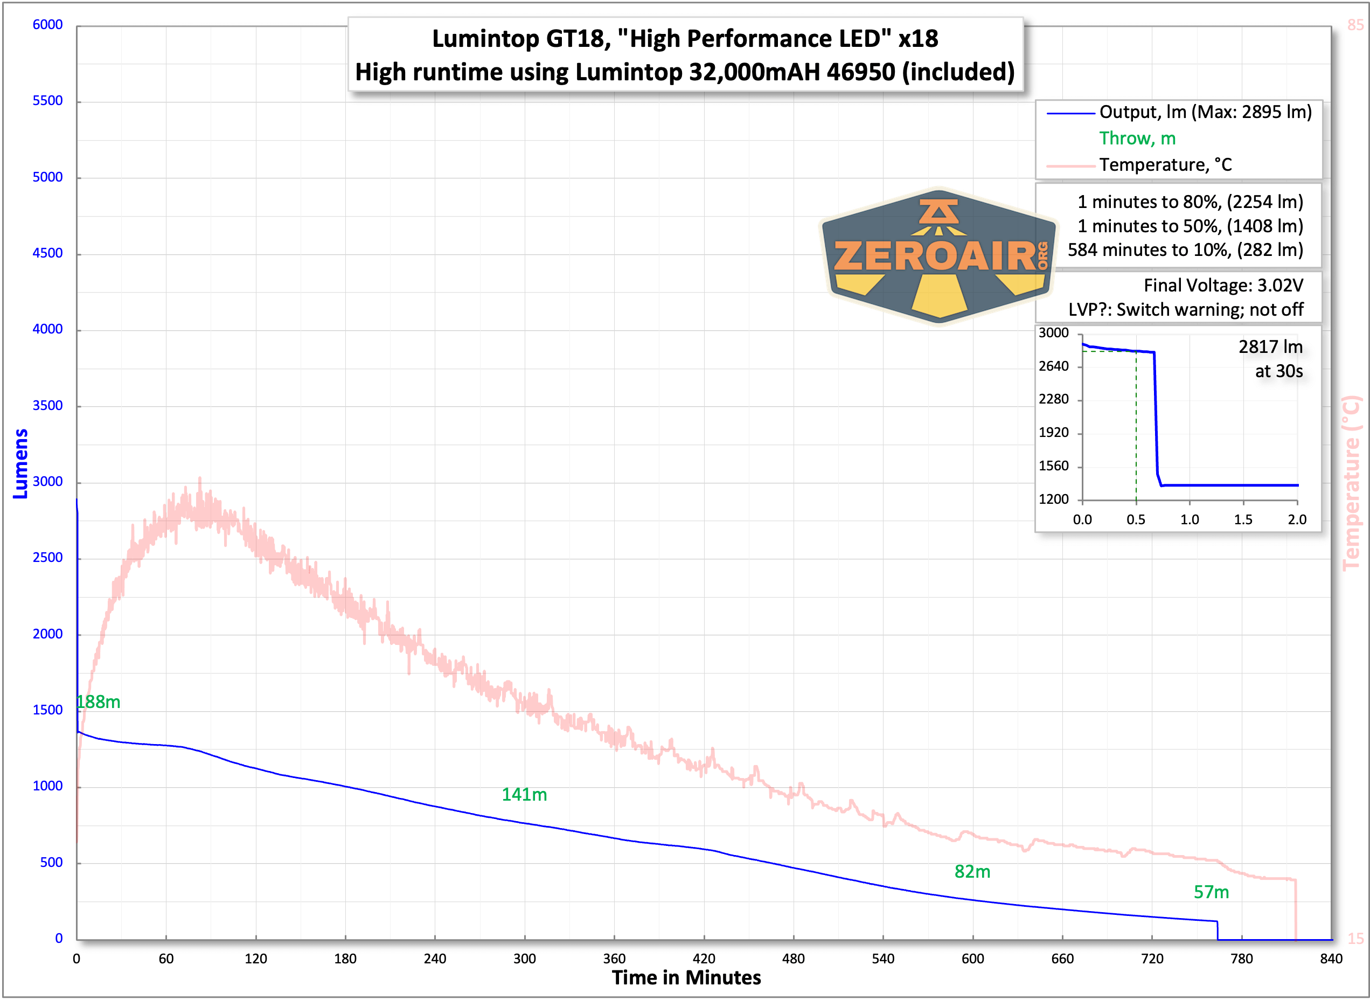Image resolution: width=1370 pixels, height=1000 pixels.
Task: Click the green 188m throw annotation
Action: (x=99, y=702)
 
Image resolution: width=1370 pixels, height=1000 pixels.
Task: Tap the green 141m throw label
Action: (x=524, y=795)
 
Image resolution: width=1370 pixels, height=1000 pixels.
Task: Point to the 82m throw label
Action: (x=972, y=872)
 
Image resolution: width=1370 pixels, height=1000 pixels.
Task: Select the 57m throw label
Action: (x=1211, y=892)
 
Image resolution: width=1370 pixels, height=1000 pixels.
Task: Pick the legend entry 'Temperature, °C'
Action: (x=1165, y=165)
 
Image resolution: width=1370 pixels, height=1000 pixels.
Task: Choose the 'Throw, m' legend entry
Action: (x=1137, y=138)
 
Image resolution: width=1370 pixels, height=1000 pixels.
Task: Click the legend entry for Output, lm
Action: (x=1205, y=112)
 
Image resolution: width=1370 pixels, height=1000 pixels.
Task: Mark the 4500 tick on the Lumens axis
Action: (x=47, y=253)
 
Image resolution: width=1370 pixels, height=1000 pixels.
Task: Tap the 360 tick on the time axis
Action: (x=614, y=959)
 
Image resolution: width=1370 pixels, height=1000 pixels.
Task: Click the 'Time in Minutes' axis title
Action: (x=686, y=977)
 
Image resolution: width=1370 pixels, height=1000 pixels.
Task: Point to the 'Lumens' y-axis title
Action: (x=20, y=464)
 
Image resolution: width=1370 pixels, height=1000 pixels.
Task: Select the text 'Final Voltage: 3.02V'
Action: (x=1223, y=285)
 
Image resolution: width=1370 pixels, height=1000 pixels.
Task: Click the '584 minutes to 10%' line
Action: (x=1185, y=250)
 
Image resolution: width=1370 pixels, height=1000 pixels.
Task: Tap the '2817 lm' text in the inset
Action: (x=1270, y=347)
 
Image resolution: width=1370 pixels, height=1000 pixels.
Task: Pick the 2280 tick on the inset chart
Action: (x=1054, y=399)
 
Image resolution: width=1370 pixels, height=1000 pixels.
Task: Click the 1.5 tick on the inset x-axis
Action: (x=1243, y=519)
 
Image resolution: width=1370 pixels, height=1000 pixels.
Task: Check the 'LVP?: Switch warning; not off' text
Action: (x=1185, y=310)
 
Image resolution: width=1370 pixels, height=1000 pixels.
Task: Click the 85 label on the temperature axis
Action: (x=1355, y=25)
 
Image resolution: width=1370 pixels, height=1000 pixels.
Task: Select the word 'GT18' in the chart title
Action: (x=575, y=39)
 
